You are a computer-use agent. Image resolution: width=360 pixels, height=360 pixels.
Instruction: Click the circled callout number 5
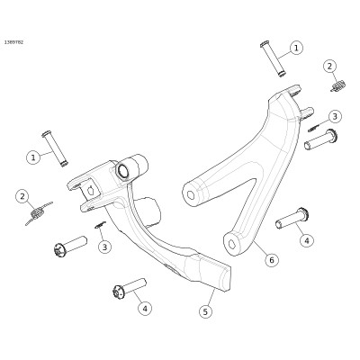205,311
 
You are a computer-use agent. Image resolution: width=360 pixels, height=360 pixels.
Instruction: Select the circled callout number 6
272,259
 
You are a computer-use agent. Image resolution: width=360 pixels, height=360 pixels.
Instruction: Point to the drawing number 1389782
13,42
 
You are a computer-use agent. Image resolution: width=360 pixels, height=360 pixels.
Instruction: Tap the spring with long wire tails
38,212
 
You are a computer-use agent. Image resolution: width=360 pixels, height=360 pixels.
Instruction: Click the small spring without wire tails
338,85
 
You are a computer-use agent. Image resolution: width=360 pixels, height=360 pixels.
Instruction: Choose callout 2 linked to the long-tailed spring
22,197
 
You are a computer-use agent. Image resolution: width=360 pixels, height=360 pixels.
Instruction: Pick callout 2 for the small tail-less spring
329,67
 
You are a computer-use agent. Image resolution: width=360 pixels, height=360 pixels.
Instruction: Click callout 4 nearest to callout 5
145,308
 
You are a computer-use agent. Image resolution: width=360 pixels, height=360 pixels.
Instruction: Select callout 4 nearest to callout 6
307,240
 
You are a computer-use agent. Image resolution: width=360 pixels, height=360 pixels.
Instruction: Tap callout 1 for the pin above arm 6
296,48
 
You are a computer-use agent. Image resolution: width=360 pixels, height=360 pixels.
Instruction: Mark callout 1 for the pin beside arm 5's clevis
33,157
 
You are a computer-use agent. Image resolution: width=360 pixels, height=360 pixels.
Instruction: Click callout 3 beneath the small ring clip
104,247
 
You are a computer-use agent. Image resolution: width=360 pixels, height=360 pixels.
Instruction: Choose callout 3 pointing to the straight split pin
335,116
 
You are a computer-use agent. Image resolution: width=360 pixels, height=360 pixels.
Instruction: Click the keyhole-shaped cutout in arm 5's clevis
91,190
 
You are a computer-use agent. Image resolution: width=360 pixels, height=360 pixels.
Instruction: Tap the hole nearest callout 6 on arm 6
232,244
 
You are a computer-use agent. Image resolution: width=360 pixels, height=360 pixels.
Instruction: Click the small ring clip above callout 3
100,225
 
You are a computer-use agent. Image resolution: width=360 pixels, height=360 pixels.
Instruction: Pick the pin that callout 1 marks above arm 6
273,59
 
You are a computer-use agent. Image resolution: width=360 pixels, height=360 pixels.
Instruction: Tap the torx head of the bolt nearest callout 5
118,292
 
